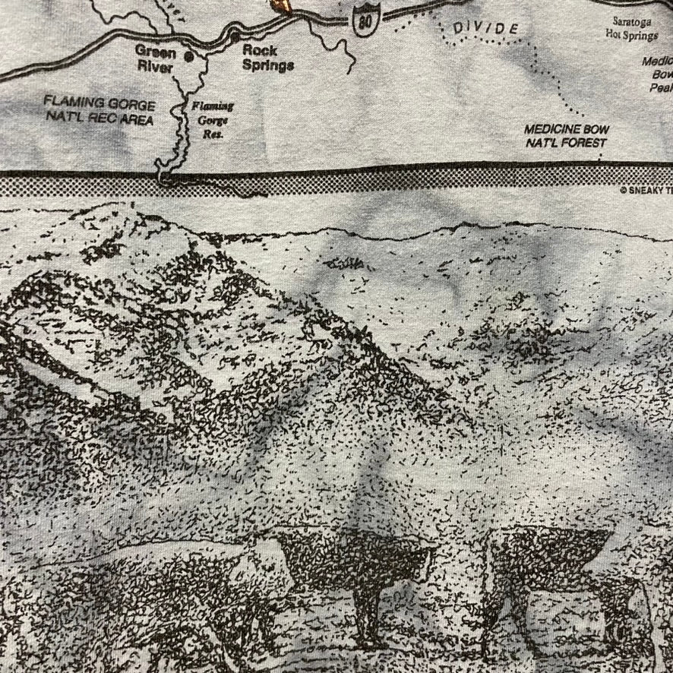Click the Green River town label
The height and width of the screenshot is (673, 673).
[x=155, y=59]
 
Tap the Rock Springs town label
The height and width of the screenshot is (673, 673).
[x=267, y=58]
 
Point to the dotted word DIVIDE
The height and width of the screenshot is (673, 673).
[x=486, y=29]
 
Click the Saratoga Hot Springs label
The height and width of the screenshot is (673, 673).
[x=631, y=28]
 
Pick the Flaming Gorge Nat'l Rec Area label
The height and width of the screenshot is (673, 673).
[x=99, y=112]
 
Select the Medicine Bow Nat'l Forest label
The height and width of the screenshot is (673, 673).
[x=567, y=135]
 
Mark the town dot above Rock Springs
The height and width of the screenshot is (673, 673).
[x=238, y=36]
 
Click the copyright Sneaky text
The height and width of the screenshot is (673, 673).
[x=646, y=191]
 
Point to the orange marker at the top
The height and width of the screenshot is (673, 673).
[x=282, y=5]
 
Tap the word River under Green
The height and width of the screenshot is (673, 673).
[x=155, y=67]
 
